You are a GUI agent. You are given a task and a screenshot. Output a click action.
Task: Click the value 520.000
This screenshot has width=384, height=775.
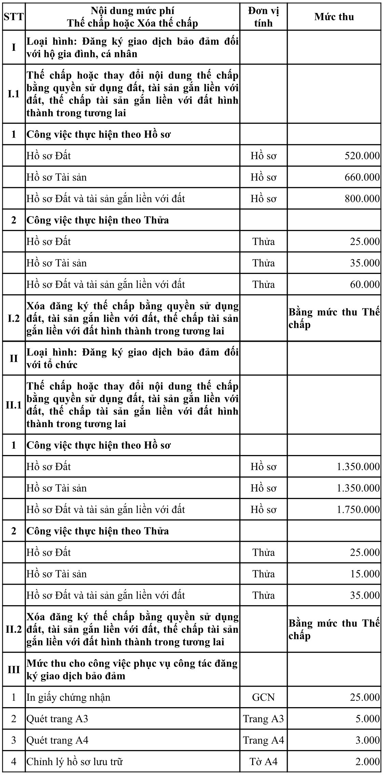(x=362, y=156)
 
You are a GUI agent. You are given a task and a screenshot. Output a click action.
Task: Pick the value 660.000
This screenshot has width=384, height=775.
(x=362, y=177)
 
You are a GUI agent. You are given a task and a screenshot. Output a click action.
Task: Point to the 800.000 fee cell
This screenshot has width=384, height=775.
(x=362, y=199)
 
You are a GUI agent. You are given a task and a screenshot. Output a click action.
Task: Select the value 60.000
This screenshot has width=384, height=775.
(x=365, y=284)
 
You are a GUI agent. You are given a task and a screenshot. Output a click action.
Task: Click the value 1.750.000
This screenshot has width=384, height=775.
(x=358, y=510)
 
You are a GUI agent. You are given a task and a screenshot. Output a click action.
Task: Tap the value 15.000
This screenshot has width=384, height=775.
(x=365, y=574)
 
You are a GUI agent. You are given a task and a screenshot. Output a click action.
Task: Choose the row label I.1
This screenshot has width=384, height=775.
(x=14, y=94)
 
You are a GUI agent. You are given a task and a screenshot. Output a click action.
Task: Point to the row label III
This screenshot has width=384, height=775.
(x=14, y=670)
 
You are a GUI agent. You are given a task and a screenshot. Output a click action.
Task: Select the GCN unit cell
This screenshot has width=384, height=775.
(x=263, y=697)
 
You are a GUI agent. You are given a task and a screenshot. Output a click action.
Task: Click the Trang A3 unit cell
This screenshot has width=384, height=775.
(x=263, y=719)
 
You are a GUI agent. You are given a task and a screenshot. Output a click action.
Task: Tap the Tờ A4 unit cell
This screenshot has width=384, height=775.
(x=263, y=762)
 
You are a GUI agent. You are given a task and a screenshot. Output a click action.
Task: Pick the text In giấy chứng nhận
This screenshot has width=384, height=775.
(x=68, y=697)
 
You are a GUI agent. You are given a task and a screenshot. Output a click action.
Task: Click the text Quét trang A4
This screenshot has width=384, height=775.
(x=57, y=740)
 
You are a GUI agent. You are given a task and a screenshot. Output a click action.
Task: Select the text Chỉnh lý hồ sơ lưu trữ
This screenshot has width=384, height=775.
(x=74, y=762)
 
